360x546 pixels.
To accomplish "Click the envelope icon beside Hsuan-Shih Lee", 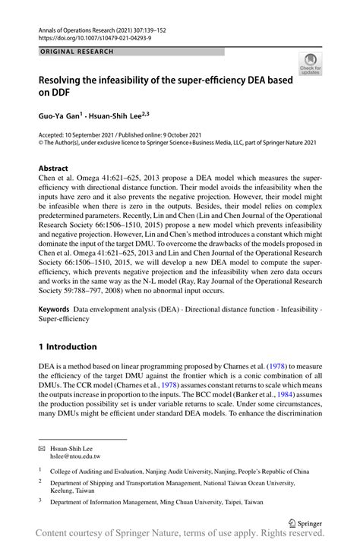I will (43, 448).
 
